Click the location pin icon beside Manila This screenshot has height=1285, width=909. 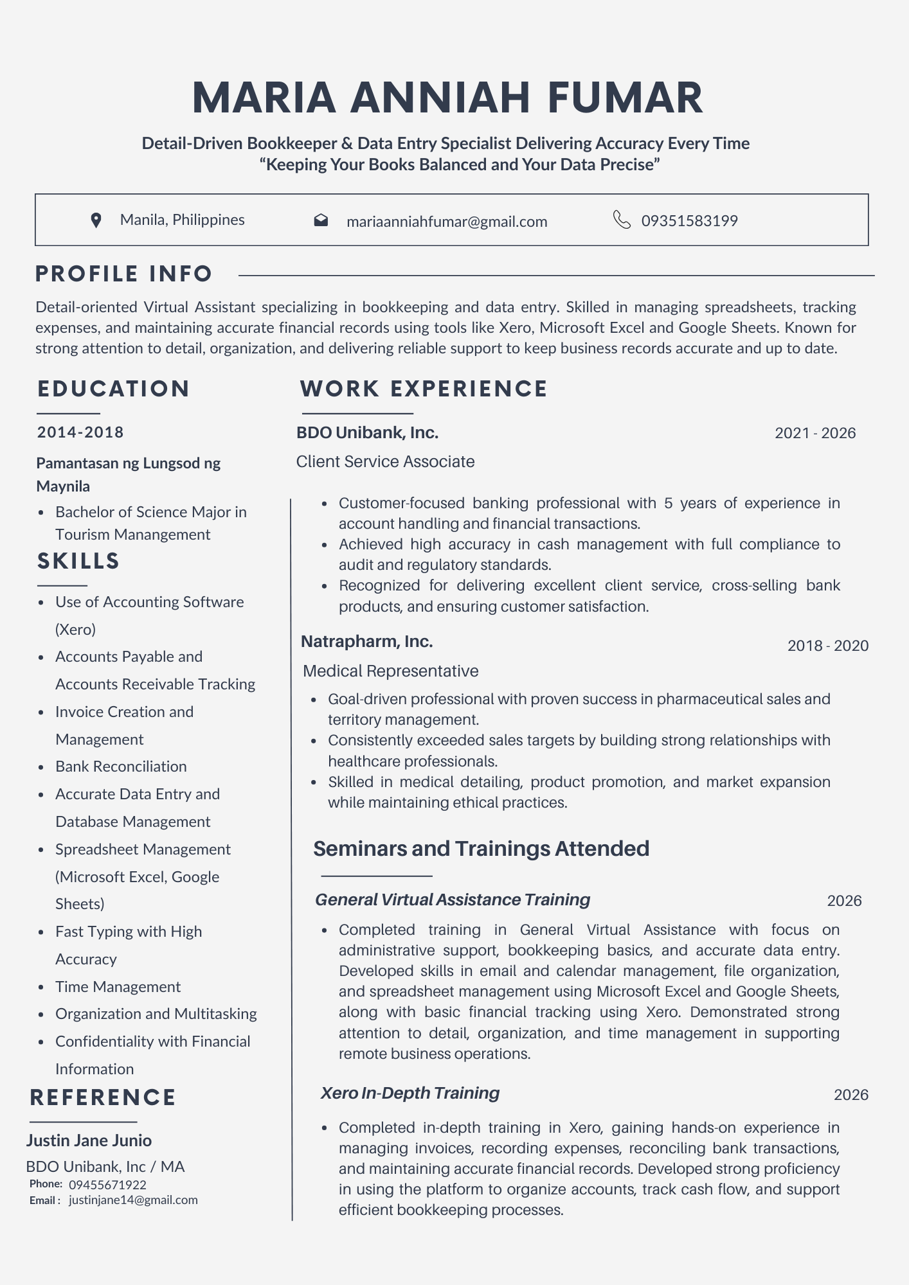pos(96,220)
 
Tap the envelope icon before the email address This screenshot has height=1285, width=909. pos(321,220)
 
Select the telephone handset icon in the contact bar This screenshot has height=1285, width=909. pos(622,220)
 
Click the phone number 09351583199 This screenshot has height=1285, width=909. pos(689,221)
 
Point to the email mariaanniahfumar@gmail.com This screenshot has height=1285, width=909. pos(447,222)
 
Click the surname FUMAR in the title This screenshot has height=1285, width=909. pos(625,98)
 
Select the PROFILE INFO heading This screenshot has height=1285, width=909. pos(123,274)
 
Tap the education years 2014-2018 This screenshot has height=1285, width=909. pos(80,432)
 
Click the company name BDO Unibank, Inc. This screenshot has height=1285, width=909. pos(367,432)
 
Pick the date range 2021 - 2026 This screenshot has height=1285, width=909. pos(815,433)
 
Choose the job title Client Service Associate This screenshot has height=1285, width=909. pos(385,461)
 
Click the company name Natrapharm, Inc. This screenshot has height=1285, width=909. pos(366,641)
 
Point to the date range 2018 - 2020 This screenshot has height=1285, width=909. pos(828,646)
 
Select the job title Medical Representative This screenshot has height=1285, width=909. pos(390,671)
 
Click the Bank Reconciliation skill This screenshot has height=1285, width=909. pos(121,767)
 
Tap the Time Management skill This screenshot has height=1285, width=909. pos(118,987)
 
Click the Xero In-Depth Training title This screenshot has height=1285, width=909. pos(410,1093)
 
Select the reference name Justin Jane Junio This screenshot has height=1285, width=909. pos(89,1140)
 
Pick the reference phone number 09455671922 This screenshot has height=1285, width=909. pos(107,1185)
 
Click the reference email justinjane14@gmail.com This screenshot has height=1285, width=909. pos(133,1200)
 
